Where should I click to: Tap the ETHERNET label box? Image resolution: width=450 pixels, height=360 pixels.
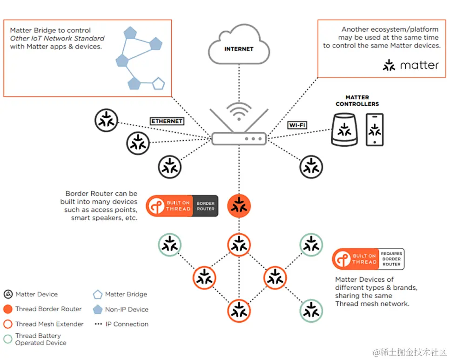167,121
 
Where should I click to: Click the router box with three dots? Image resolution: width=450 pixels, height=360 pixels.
239,138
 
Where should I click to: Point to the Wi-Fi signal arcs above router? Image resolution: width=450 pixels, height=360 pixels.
239,110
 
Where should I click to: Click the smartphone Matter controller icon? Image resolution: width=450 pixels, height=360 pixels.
374,130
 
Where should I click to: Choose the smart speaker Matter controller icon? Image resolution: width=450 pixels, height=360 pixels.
344,131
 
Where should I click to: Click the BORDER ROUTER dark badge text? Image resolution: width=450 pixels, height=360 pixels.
205,206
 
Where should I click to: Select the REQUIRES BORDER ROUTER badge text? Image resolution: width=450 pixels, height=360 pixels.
391,258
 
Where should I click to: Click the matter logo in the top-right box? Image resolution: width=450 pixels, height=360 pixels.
410,65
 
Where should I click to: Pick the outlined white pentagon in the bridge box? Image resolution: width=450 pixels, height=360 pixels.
159,84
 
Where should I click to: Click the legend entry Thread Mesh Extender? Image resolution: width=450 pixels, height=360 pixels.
49,324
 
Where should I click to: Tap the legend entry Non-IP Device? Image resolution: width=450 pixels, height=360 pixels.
126,309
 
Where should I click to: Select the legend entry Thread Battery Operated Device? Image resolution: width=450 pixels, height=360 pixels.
40,339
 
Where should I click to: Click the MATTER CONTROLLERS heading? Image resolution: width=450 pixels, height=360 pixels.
357,101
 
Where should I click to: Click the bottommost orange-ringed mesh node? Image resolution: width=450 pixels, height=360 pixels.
239,311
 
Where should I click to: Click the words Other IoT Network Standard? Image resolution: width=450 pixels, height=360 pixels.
57,38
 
